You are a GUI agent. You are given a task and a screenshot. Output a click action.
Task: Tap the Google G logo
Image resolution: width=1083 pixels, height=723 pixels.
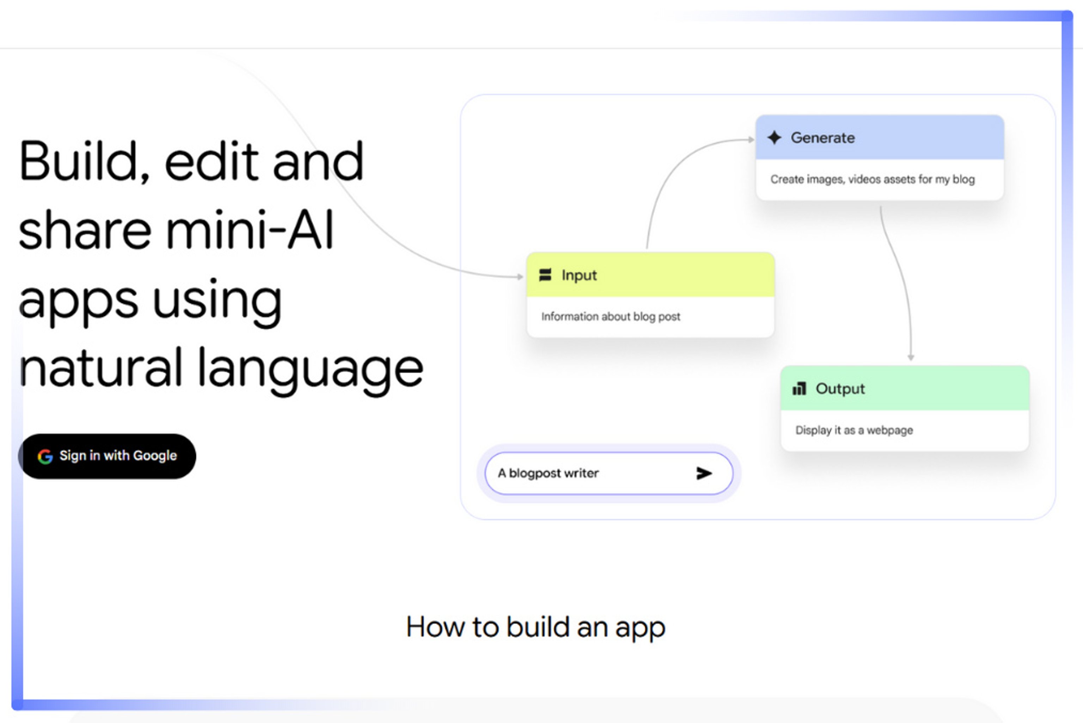tap(45, 457)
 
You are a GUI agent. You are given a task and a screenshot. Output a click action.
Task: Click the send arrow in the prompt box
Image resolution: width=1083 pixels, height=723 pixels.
tap(704, 473)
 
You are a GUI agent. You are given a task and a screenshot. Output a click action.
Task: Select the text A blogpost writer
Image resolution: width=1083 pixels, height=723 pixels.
tap(548, 474)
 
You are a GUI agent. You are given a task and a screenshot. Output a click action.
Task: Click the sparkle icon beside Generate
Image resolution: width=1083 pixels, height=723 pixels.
tap(775, 137)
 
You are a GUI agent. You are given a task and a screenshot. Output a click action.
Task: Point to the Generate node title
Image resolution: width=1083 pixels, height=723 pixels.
tap(823, 137)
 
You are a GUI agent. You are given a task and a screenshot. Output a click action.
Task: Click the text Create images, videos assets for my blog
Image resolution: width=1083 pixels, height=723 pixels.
tap(872, 179)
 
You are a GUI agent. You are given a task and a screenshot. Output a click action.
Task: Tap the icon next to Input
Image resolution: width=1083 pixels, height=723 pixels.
tap(545, 275)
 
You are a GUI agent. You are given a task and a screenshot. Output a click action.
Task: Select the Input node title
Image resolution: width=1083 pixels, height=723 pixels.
tap(579, 275)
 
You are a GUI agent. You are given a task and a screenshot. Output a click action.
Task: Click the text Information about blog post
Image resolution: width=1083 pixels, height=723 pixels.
tap(611, 317)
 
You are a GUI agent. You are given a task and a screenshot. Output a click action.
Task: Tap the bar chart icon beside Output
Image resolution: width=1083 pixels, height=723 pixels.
tap(799, 389)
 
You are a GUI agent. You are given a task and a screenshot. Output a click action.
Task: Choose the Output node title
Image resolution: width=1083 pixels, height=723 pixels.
tap(840, 389)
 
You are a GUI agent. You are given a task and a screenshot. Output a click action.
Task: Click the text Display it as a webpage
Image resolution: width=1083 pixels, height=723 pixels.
tap(854, 430)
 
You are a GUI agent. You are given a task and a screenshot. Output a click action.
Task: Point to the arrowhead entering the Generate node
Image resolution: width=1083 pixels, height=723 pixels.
tap(751, 139)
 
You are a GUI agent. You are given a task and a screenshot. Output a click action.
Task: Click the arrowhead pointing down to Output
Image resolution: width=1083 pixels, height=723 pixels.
tap(911, 357)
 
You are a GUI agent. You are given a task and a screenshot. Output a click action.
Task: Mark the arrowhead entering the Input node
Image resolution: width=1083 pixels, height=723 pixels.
tap(520, 277)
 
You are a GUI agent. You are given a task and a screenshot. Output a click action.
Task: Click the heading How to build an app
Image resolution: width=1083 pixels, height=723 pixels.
tap(536, 628)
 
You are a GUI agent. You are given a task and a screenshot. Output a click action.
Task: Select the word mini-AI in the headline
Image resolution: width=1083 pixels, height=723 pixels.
tap(249, 230)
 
